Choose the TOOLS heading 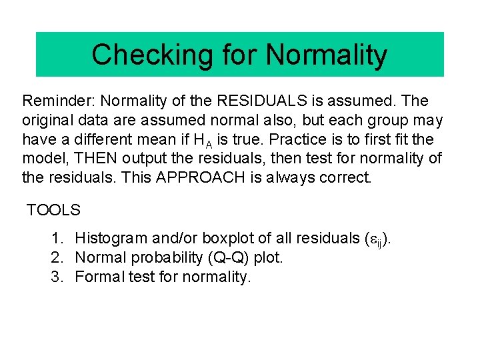pos(53,211)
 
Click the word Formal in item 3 pos(97,277)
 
